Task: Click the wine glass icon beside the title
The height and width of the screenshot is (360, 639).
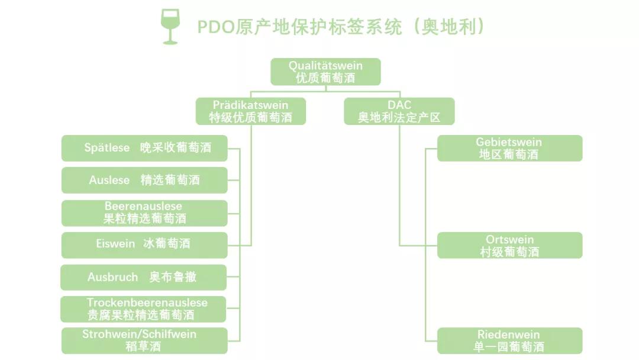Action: [x=170, y=27]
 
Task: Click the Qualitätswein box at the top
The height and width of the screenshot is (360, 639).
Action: [x=325, y=72]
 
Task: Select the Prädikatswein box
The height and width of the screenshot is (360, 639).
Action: [x=251, y=111]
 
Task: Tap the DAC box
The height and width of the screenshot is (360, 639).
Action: [x=399, y=111]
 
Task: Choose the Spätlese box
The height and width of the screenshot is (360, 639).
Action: [x=144, y=148]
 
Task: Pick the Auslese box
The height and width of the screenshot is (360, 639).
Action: [x=144, y=180]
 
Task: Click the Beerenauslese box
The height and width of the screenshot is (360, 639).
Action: [x=144, y=213]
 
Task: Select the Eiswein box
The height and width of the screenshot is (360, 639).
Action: [x=144, y=244]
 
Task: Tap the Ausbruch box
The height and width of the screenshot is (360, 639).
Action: [x=144, y=277]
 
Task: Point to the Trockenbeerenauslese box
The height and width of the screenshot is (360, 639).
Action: [x=144, y=309]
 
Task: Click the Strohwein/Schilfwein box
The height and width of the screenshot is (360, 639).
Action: [x=144, y=340]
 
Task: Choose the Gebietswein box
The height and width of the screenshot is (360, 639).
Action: [x=509, y=148]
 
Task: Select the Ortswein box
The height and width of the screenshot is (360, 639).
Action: [x=509, y=245]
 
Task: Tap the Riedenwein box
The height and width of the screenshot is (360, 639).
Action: [x=509, y=340]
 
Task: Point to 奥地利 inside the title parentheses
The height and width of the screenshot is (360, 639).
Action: [x=449, y=27]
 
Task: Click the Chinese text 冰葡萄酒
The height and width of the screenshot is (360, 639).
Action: [x=167, y=244]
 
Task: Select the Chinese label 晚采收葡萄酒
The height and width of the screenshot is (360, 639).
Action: [x=175, y=148]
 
